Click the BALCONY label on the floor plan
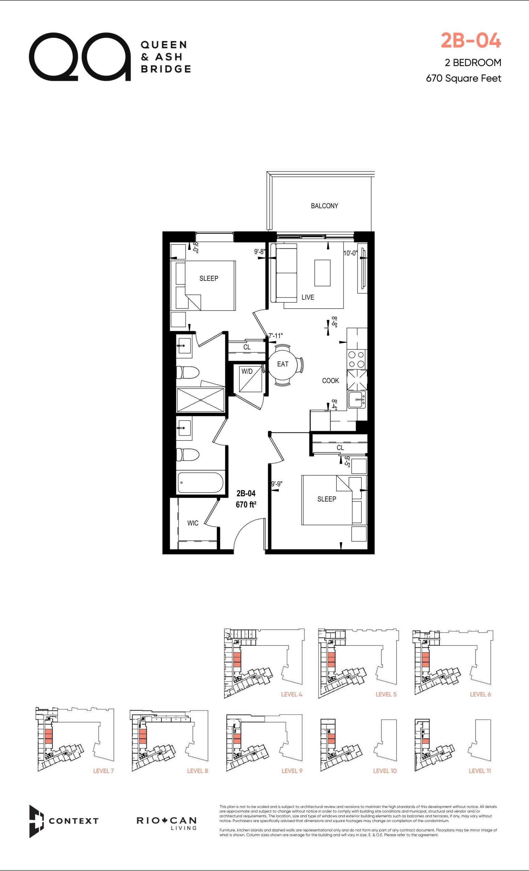tap(324, 206)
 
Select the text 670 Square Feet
tap(464, 78)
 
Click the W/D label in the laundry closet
tap(247, 372)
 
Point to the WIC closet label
tap(193, 523)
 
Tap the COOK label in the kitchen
tap(330, 381)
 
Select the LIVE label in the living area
tap(308, 297)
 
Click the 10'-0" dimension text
tap(350, 253)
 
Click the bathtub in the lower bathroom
tap(200, 482)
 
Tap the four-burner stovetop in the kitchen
tap(356, 359)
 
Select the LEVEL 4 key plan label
tap(292, 694)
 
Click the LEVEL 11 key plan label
tap(480, 771)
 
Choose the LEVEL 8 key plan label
tap(198, 771)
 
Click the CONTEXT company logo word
tap(74, 821)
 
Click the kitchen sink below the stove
tap(357, 400)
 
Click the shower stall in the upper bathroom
tap(200, 400)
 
